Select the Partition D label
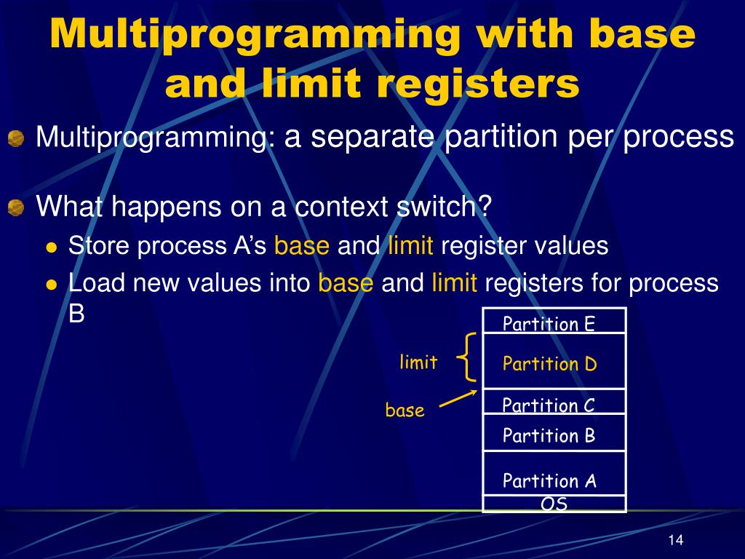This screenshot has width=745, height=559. [x=549, y=364]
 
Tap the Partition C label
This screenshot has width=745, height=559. [x=549, y=405]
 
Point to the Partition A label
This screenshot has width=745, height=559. [x=549, y=480]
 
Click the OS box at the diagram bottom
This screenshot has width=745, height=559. [x=554, y=504]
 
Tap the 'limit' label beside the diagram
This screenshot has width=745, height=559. [x=418, y=362]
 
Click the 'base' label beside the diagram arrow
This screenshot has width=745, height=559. [x=405, y=411]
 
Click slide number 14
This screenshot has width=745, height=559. [x=675, y=540]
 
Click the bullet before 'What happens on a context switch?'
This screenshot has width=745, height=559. [x=16, y=209]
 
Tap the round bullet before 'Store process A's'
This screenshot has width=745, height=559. [x=51, y=247]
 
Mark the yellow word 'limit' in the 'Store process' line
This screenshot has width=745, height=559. [x=410, y=246]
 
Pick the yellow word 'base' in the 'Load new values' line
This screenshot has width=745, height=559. [x=346, y=282]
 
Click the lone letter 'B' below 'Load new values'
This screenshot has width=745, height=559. [x=76, y=314]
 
